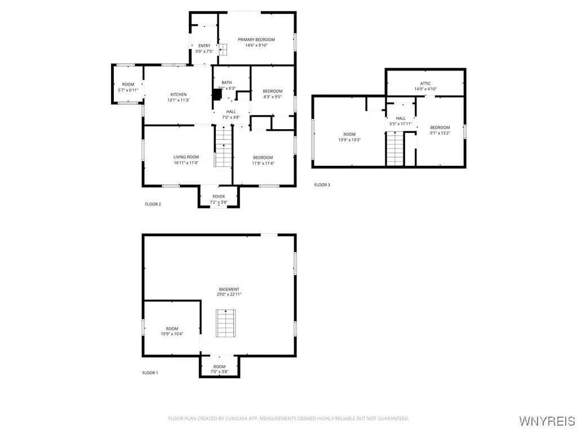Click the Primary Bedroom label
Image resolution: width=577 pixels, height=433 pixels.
(256, 39)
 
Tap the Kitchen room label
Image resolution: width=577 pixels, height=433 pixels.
(179, 94)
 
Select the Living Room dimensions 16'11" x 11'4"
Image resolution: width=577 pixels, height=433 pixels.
(186, 163)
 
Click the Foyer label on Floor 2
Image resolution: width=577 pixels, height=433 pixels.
(219, 197)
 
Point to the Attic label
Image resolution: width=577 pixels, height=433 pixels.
(425, 83)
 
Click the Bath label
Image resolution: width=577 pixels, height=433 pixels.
(227, 82)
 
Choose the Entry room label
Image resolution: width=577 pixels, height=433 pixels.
(204, 46)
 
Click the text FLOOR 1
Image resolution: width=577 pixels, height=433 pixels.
(150, 373)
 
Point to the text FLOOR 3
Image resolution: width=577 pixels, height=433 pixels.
(322, 185)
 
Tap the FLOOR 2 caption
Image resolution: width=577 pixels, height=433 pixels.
(153, 204)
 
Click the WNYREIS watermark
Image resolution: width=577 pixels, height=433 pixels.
(547, 421)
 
